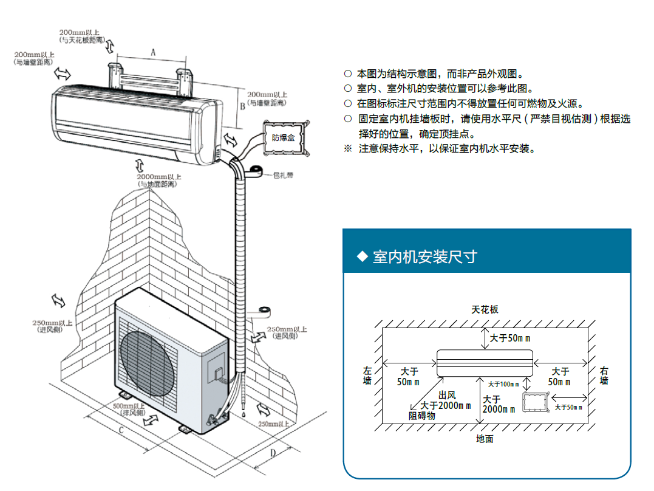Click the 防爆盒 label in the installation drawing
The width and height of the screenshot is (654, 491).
(x=283, y=138)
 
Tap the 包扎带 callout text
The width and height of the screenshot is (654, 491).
(x=283, y=176)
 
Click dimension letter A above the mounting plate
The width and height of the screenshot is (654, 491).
(x=153, y=53)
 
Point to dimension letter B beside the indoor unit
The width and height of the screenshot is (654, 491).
(x=242, y=107)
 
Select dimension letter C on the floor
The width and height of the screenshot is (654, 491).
(x=121, y=430)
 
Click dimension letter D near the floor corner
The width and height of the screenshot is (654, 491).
(x=273, y=453)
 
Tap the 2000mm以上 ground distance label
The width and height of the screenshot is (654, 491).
(x=158, y=180)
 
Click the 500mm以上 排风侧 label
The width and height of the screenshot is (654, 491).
(x=129, y=409)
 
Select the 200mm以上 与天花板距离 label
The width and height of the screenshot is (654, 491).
(x=82, y=36)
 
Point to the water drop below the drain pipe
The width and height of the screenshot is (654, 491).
(x=244, y=414)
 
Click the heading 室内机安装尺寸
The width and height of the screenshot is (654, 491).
(x=425, y=257)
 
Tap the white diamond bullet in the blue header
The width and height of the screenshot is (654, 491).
(x=363, y=256)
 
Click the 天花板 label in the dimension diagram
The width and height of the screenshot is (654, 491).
(x=485, y=309)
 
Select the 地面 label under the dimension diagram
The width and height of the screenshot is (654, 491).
(x=485, y=439)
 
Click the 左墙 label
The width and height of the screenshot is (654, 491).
(x=367, y=376)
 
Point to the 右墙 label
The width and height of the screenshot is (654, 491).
(x=604, y=376)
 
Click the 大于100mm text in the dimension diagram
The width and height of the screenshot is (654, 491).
(x=503, y=384)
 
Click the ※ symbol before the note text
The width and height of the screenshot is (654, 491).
(x=348, y=149)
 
